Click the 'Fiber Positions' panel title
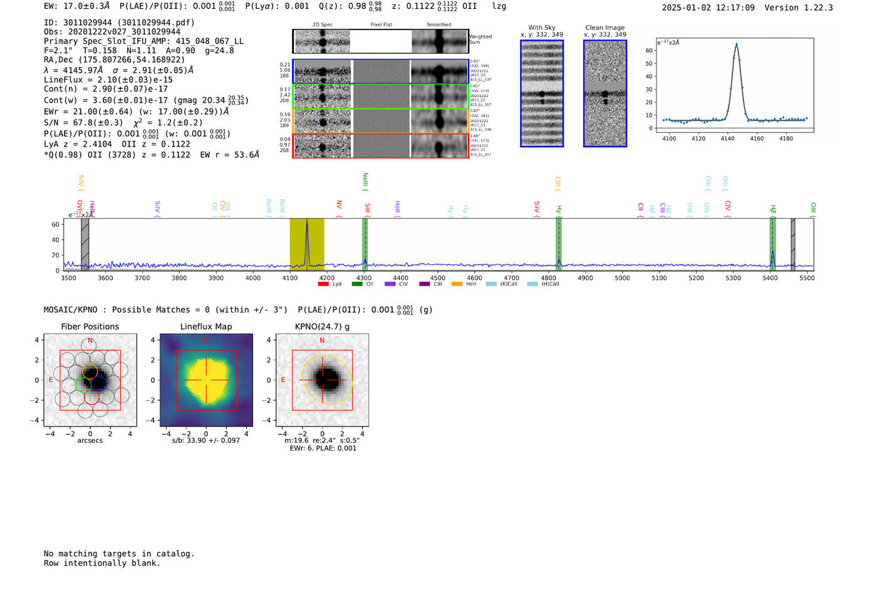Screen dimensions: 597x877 pos(90,326)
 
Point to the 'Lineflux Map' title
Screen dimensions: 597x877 pos(206,326)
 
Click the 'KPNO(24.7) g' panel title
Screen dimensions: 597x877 pos(322,326)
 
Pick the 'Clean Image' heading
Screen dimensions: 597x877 pos(605,28)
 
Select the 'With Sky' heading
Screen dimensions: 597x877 pos(542,28)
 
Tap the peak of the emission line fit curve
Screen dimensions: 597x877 pos(736,44)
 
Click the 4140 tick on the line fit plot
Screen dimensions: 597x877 pos(727,138)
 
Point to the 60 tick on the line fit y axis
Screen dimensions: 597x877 pos(649,50)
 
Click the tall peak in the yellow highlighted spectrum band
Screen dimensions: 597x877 pos(307,221)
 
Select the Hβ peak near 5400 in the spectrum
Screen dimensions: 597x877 pos(772,252)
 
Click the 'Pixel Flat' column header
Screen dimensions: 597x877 pos(381,24)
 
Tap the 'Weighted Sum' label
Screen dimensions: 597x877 pos(480,39)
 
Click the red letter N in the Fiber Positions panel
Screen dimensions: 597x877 pos(90,341)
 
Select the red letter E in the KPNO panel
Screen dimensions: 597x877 pos(283,380)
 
